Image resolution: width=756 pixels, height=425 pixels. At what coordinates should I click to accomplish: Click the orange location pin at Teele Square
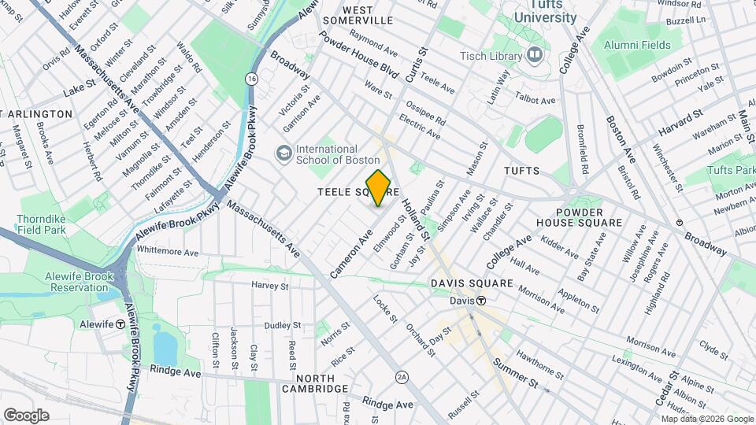tap(378, 187)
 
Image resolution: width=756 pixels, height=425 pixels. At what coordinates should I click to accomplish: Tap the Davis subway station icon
tap(479, 301)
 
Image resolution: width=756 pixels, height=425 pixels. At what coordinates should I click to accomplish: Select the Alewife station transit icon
tap(120, 323)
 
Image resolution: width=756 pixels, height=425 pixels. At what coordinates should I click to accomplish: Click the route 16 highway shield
tap(250, 79)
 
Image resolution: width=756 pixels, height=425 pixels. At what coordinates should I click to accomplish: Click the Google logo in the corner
tap(26, 415)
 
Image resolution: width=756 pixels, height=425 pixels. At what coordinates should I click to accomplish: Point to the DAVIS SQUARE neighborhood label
tap(472, 283)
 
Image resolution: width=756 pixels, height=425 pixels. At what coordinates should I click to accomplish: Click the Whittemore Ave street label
tap(168, 252)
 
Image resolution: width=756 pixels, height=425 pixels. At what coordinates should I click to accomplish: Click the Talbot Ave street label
tap(535, 101)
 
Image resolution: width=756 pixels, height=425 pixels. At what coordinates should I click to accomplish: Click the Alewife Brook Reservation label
tap(57, 282)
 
